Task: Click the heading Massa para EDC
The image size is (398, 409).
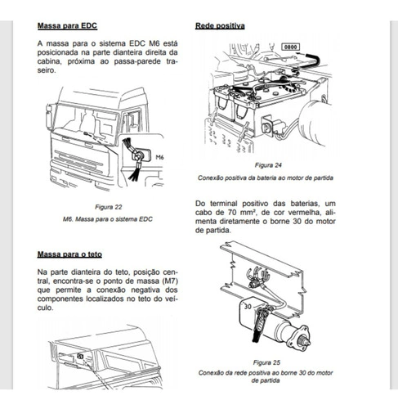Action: tap(67, 25)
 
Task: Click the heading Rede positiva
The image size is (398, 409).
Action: tap(220, 25)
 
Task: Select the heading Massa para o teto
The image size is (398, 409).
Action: tap(69, 254)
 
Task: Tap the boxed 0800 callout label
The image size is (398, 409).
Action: tap(290, 47)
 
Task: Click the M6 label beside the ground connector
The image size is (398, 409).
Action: tap(159, 157)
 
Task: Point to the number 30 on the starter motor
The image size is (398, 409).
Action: tap(248, 307)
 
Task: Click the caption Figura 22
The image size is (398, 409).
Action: tap(109, 207)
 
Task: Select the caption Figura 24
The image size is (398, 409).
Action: tap(268, 165)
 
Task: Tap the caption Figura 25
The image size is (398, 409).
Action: tap(266, 362)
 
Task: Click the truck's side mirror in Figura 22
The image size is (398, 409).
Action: tap(48, 117)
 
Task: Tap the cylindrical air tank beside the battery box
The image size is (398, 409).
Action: tap(315, 122)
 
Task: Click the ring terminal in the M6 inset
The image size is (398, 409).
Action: tap(138, 155)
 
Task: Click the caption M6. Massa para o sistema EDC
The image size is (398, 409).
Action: tap(108, 219)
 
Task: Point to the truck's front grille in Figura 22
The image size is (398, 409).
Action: tap(78, 161)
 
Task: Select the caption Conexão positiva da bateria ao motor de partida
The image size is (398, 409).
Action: tap(266, 178)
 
